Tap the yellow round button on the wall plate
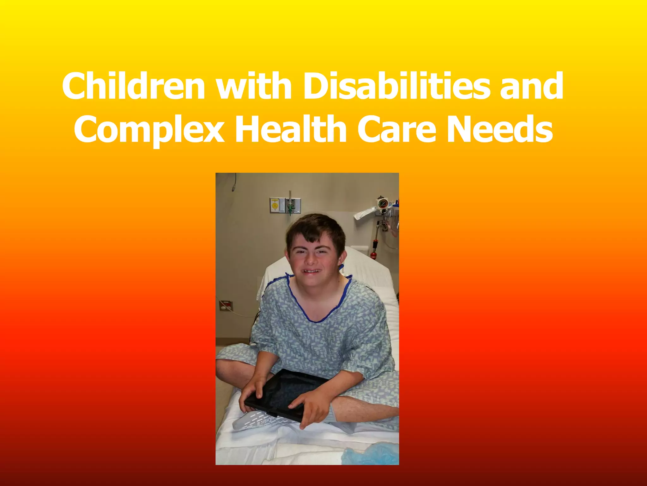pos(275,206)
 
